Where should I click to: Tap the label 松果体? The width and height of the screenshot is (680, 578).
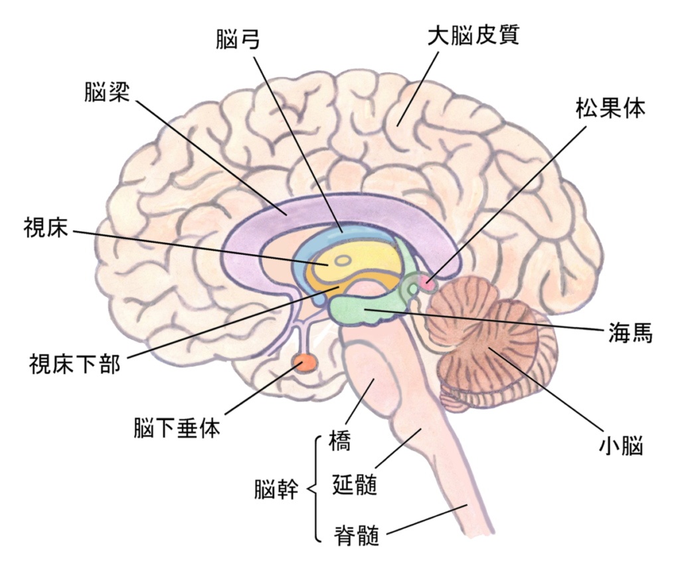click(x=610, y=108)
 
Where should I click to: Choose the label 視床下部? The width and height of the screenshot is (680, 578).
click(x=74, y=363)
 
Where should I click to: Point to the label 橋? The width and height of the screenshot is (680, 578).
click(x=340, y=442)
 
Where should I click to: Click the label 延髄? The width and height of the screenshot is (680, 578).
click(x=354, y=486)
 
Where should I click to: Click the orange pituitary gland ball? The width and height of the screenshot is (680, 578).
click(x=306, y=362)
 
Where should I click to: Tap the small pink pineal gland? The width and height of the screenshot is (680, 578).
click(x=426, y=285)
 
